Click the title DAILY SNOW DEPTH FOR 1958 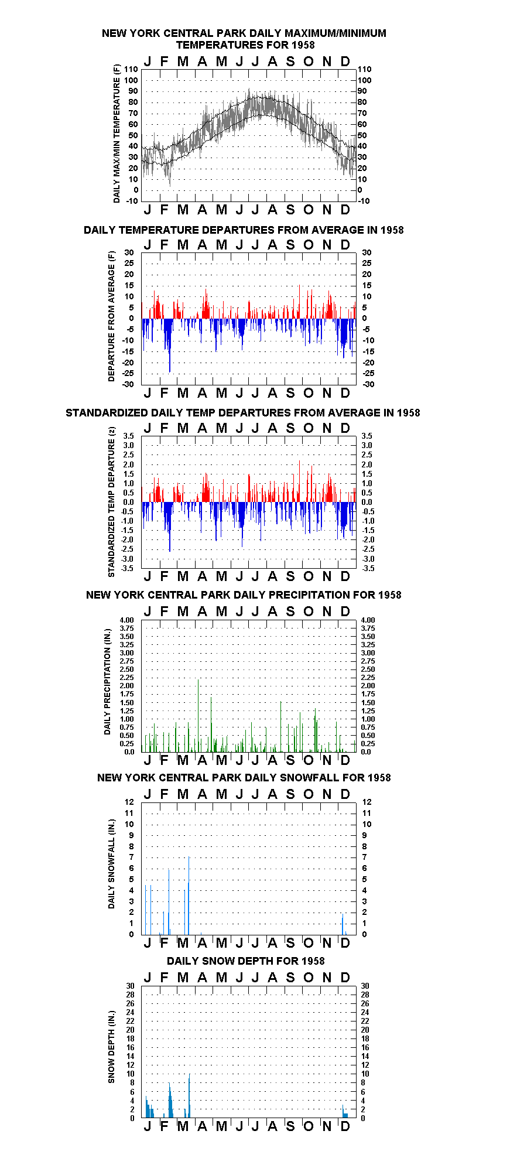tap(245, 961)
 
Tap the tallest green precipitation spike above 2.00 tap(198, 715)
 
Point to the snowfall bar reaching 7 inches tap(189, 896)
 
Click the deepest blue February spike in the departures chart tap(170, 345)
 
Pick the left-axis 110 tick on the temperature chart tap(131, 69)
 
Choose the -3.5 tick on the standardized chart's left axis tap(128, 568)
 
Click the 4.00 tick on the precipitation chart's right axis tap(368, 620)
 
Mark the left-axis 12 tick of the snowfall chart tap(129, 802)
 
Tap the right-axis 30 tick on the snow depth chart tap(365, 986)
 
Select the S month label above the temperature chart tap(290, 62)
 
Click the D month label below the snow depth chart tap(345, 1126)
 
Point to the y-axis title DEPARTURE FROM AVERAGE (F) tap(111, 316)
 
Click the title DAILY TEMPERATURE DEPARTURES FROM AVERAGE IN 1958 tap(244, 230)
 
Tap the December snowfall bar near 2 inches tap(343, 924)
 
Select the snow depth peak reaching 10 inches tap(189, 1096)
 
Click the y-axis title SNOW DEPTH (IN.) tap(111, 1053)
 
